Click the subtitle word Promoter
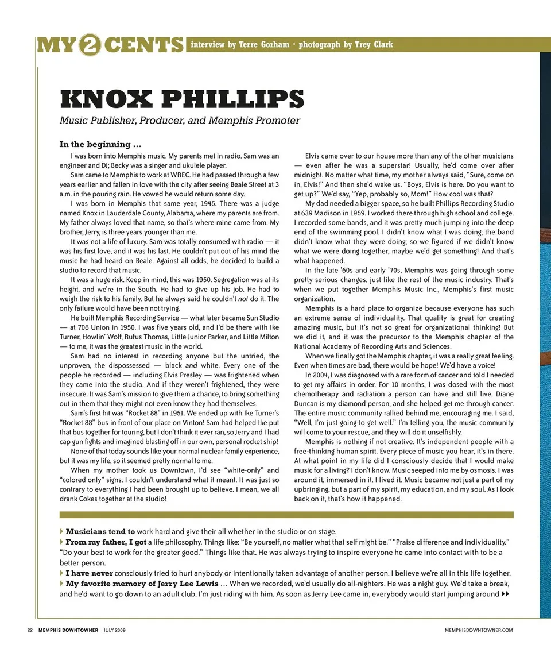click(x=277, y=120)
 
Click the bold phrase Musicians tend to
click(x=100, y=531)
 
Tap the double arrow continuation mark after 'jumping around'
click(x=505, y=593)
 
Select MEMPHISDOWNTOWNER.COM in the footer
click(x=479, y=630)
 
